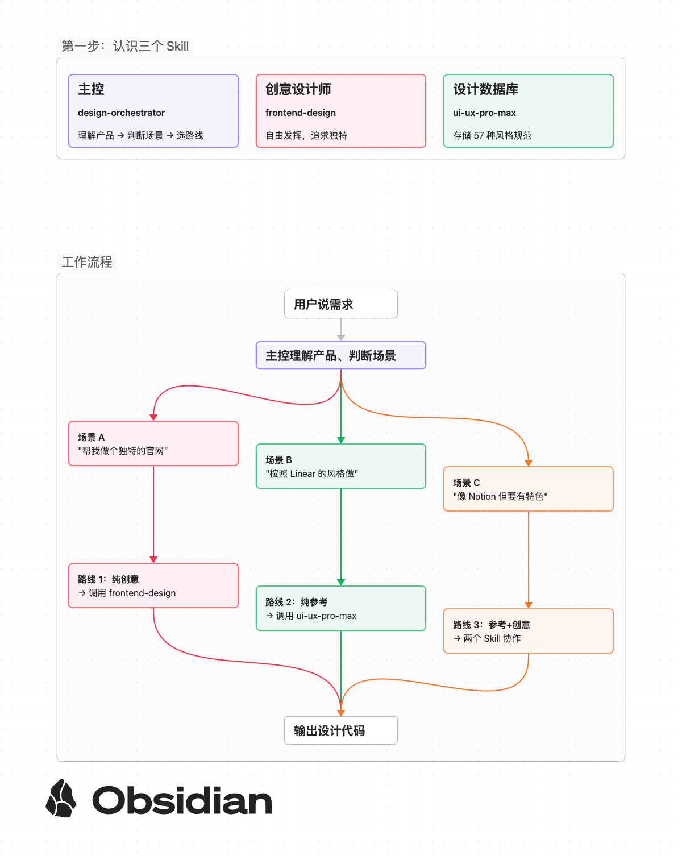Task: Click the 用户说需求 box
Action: (x=341, y=304)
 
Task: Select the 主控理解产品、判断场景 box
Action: (x=341, y=355)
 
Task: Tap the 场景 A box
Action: (x=153, y=443)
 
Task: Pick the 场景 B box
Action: (x=341, y=466)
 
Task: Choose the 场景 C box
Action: (x=528, y=489)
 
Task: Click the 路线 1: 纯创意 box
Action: (x=153, y=585)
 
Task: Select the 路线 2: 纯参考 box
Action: (x=341, y=608)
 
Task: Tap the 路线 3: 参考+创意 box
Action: (x=528, y=631)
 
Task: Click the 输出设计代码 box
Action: (x=341, y=730)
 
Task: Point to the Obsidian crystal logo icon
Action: (x=61, y=798)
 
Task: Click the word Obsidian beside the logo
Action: (x=182, y=800)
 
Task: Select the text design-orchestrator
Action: (x=121, y=113)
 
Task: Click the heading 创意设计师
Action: (x=298, y=89)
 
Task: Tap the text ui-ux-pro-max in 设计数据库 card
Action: (x=485, y=113)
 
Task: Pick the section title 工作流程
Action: (x=87, y=262)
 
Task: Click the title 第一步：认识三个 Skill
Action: (x=125, y=46)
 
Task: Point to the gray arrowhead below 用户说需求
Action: (x=341, y=338)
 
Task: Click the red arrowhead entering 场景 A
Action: (x=153, y=418)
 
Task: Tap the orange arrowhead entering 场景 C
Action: (x=528, y=463)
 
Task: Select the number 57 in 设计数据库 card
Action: (x=479, y=135)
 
